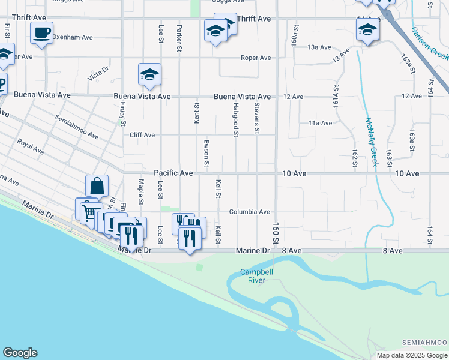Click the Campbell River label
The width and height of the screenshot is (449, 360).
253,276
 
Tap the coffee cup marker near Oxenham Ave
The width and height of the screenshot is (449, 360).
41,33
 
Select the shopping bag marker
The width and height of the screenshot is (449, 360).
96,186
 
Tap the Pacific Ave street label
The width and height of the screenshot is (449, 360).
173,173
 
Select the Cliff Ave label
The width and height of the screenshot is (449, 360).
142,135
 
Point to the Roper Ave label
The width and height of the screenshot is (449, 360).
256,58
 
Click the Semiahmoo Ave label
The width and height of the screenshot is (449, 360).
77,127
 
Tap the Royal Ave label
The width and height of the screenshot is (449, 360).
30,146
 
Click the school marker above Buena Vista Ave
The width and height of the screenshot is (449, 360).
149,74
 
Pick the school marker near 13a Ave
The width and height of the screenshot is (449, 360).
367,30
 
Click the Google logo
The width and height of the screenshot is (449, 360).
20,353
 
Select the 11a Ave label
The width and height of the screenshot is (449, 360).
320,123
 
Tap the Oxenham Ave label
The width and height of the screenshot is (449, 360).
72,37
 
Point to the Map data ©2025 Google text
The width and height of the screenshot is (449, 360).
412,355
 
